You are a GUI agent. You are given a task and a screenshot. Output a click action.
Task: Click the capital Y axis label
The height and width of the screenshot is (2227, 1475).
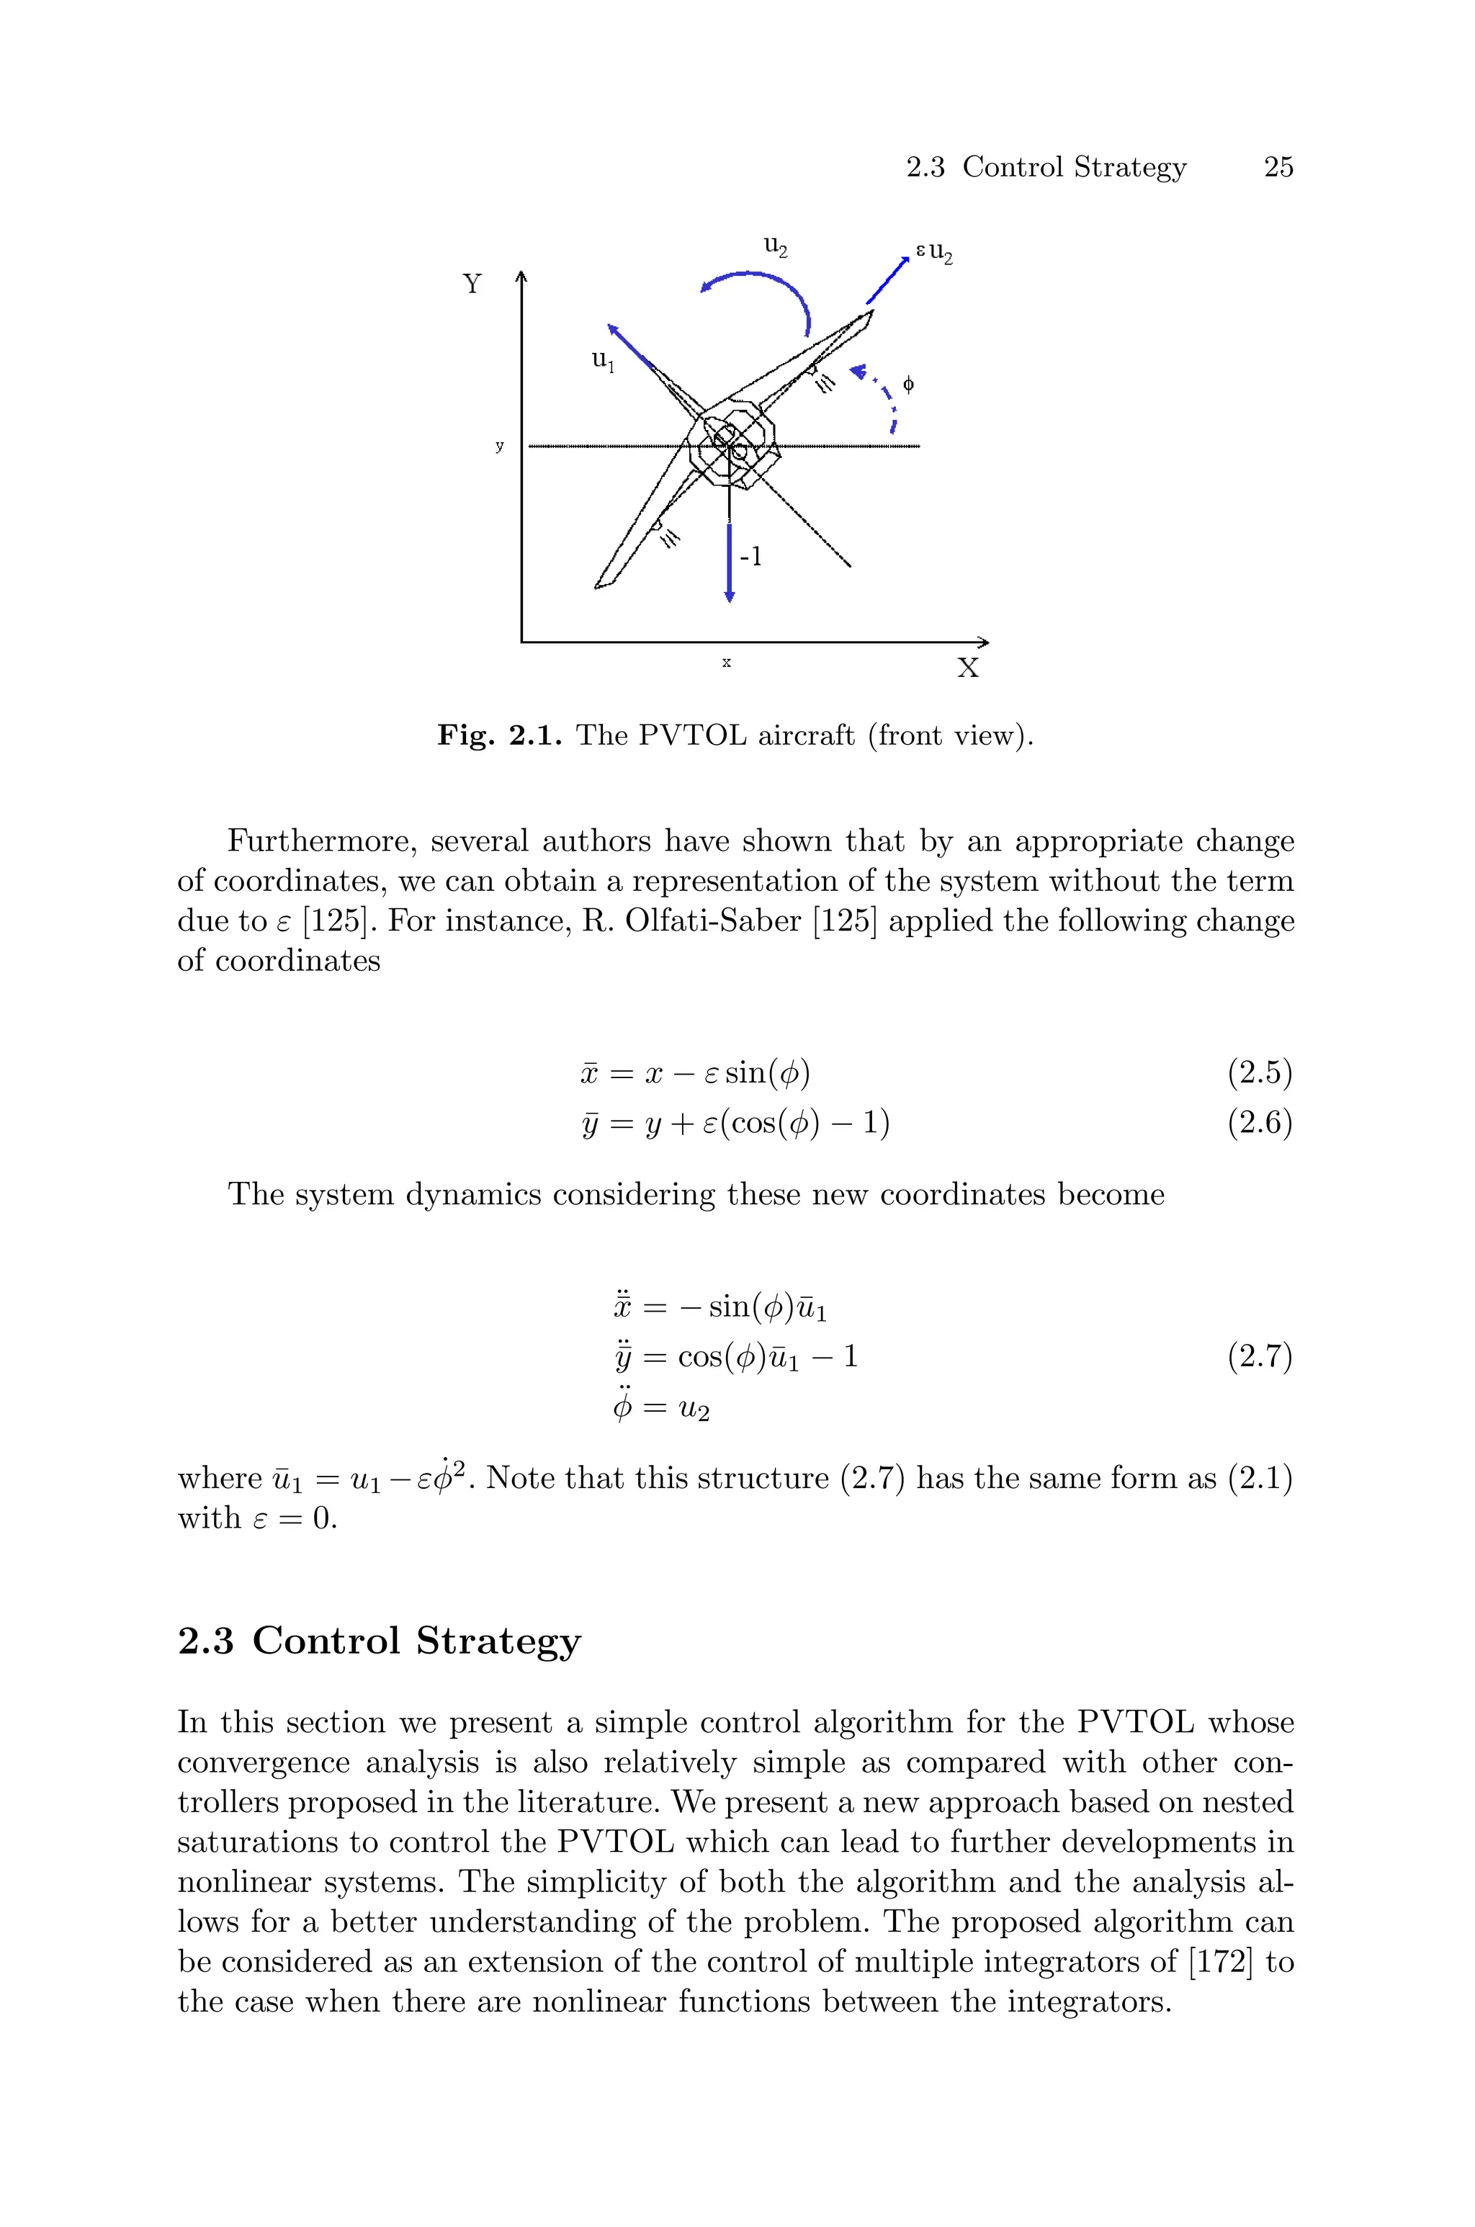click(x=472, y=284)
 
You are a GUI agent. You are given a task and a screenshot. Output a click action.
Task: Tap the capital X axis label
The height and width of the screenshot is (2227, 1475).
click(x=968, y=668)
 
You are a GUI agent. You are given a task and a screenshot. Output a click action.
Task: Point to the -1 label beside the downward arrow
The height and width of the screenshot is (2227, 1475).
click(x=750, y=557)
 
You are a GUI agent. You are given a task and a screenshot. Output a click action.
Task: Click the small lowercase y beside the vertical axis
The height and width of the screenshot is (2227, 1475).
click(x=500, y=446)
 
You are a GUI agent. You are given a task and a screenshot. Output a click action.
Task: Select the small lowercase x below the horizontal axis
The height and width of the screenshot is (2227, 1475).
click(x=726, y=662)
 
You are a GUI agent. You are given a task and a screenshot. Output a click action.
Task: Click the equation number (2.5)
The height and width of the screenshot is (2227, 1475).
click(x=1260, y=1072)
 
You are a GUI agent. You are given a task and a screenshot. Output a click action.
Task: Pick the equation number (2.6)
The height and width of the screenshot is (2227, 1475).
click(x=1260, y=1123)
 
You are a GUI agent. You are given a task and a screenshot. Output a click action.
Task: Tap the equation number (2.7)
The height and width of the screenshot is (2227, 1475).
click(x=1260, y=1357)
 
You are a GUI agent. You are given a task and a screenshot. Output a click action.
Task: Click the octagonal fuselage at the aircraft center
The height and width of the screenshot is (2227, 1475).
click(x=732, y=446)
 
